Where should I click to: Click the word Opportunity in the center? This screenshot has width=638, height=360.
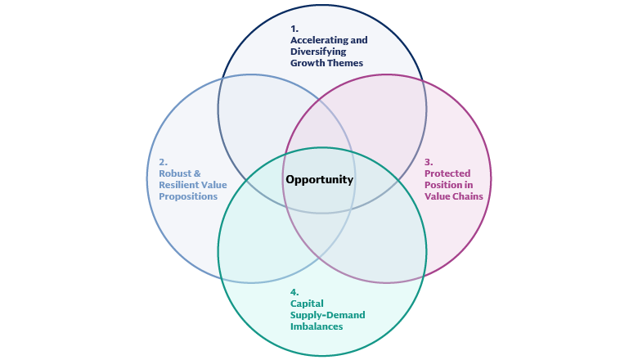pos(319,180)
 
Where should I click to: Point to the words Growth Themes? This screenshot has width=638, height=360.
pos(326,62)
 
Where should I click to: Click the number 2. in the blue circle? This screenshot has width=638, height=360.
pos(163,162)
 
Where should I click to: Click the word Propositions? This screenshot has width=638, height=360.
pos(188,196)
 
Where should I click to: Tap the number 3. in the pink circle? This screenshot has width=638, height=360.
pos(429,162)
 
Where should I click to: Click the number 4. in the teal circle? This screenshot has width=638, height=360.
pos(294,292)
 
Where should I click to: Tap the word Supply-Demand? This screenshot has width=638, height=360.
pos(328,315)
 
